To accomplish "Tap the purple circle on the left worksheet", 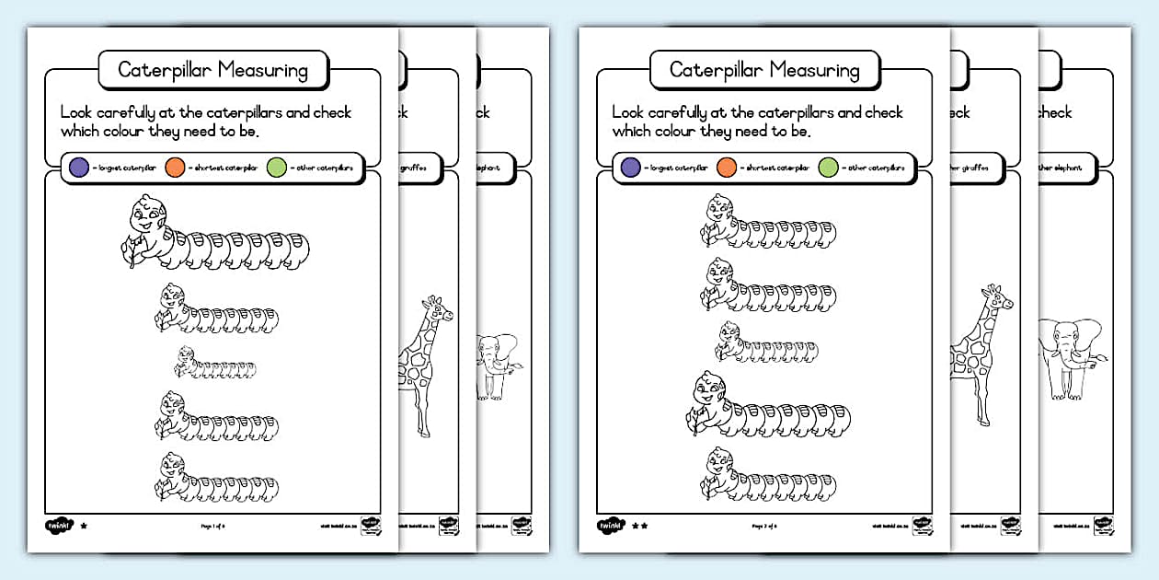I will pyautogui.click(x=78, y=168).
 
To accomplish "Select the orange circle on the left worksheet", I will pyautogui.click(x=175, y=168).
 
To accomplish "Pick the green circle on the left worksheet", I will pyautogui.click(x=276, y=168).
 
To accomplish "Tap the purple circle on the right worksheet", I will pyautogui.click(x=630, y=168).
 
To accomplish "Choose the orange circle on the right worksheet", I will pyautogui.click(x=727, y=168).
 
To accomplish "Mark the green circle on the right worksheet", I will pyautogui.click(x=828, y=168).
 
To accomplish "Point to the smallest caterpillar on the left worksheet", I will pyautogui.click(x=213, y=365).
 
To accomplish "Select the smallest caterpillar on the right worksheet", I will pyautogui.click(x=765, y=344).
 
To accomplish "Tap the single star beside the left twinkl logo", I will pyautogui.click(x=84, y=526).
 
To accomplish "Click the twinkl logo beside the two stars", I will pyautogui.click(x=610, y=526).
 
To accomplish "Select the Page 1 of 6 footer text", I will pyautogui.click(x=212, y=527).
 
